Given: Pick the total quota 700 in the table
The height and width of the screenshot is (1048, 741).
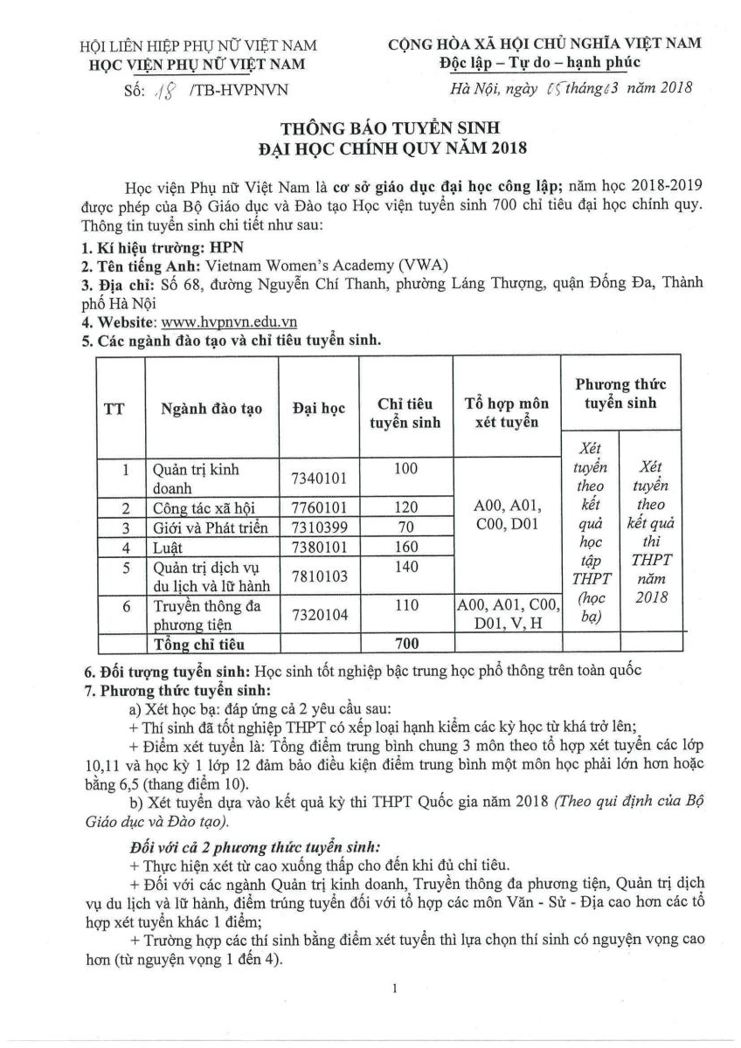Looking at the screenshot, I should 406,645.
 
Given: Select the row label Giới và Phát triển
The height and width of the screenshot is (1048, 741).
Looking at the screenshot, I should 210,528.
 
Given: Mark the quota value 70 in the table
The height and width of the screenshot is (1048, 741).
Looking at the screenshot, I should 406,527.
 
